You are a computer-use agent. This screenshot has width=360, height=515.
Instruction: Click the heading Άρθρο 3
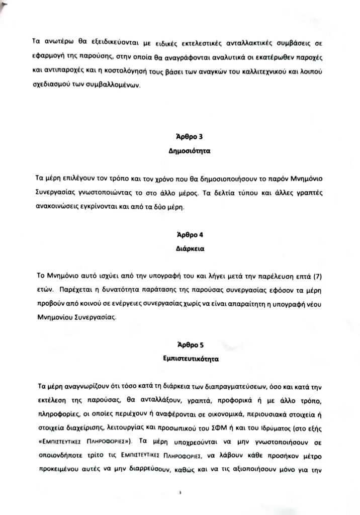(183, 136)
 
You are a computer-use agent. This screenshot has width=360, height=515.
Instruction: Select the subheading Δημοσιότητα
(183, 150)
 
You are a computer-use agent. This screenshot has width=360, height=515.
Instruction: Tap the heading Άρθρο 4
(183, 235)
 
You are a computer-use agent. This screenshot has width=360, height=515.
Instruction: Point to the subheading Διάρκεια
(183, 248)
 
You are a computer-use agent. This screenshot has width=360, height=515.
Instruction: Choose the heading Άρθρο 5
(183, 345)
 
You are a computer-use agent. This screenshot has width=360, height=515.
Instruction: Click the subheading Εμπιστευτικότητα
(183, 359)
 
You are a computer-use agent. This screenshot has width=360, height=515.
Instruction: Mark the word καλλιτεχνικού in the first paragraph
(267, 72)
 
